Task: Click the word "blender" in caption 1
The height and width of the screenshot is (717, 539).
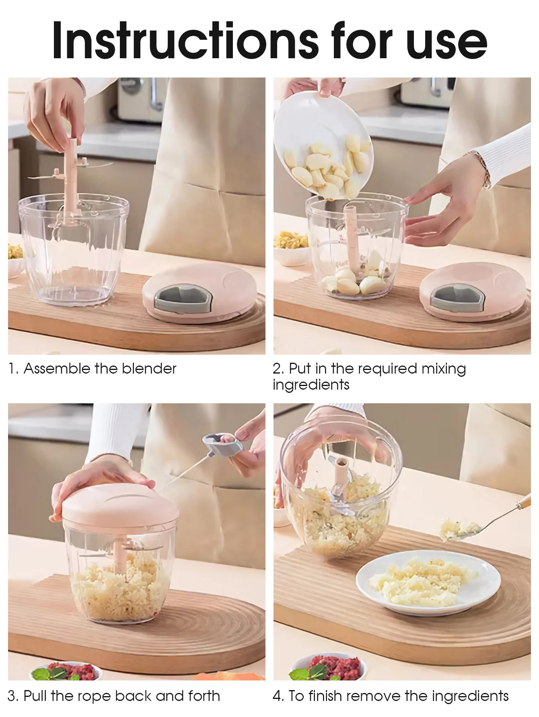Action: click(x=149, y=368)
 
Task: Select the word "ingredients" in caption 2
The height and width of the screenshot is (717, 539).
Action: click(x=311, y=385)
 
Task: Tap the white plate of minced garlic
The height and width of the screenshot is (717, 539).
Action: click(x=423, y=581)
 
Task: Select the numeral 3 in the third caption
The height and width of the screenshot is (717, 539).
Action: click(x=12, y=696)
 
